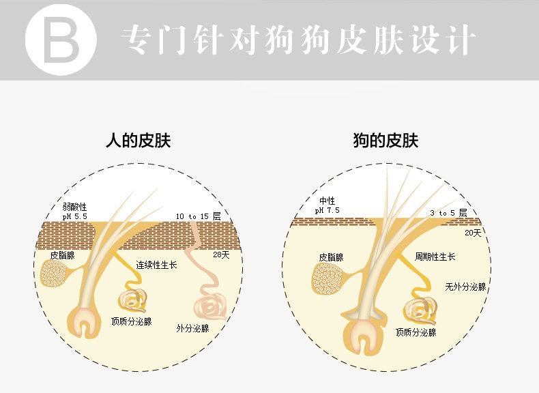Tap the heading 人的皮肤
click(139, 141)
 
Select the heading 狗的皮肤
click(385, 141)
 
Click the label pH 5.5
click(75, 216)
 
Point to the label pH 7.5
click(327, 211)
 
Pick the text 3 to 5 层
click(449, 214)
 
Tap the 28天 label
click(220, 254)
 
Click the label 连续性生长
click(156, 264)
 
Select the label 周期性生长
click(435, 257)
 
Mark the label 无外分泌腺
click(465, 287)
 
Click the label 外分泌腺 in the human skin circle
click(192, 328)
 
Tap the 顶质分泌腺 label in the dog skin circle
click(416, 332)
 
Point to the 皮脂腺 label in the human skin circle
click(63, 254)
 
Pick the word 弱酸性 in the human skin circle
click(74, 206)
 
